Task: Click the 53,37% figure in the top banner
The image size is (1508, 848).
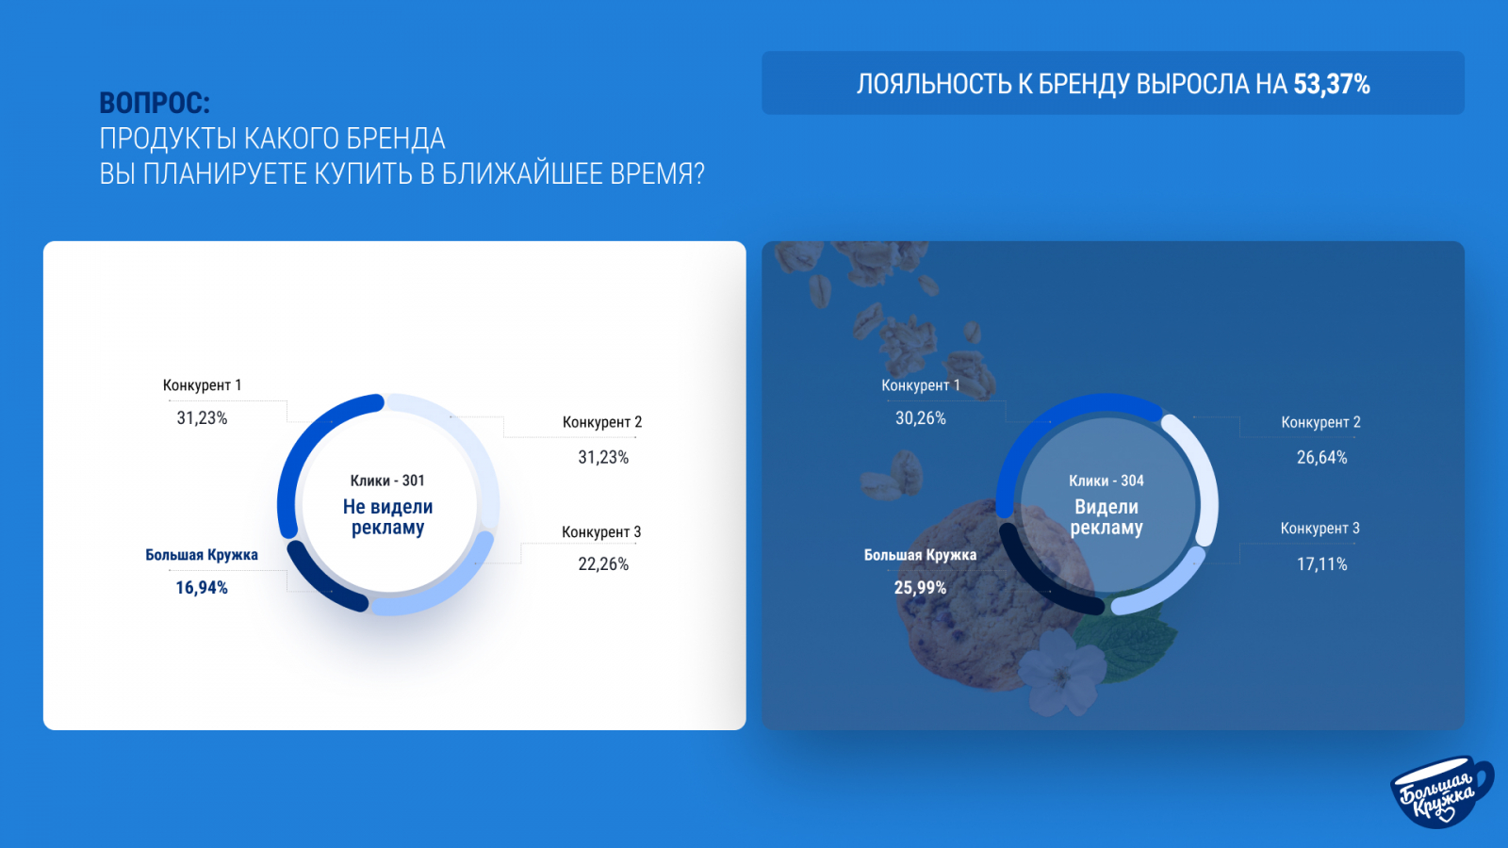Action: (x=1332, y=84)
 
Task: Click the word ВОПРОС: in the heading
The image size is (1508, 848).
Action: (x=155, y=103)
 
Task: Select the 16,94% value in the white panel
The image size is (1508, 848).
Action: (x=202, y=588)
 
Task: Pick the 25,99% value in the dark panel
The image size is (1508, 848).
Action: (x=920, y=588)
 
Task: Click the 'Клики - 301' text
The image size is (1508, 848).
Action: (x=387, y=481)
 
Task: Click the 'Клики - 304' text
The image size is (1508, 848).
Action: (x=1106, y=481)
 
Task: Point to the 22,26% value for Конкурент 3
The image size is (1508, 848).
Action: (x=603, y=564)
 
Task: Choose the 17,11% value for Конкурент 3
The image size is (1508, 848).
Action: (x=1322, y=564)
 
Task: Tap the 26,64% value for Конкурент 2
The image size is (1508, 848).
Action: (x=1322, y=458)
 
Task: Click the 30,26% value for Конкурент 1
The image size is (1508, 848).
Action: (x=920, y=418)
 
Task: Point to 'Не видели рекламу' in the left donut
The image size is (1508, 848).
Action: (x=387, y=517)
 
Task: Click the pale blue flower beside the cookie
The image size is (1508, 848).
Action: (x=1060, y=673)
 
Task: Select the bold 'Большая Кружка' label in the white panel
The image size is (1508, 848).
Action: (x=202, y=555)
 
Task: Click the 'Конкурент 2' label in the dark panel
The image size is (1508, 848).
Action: (x=1320, y=422)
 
